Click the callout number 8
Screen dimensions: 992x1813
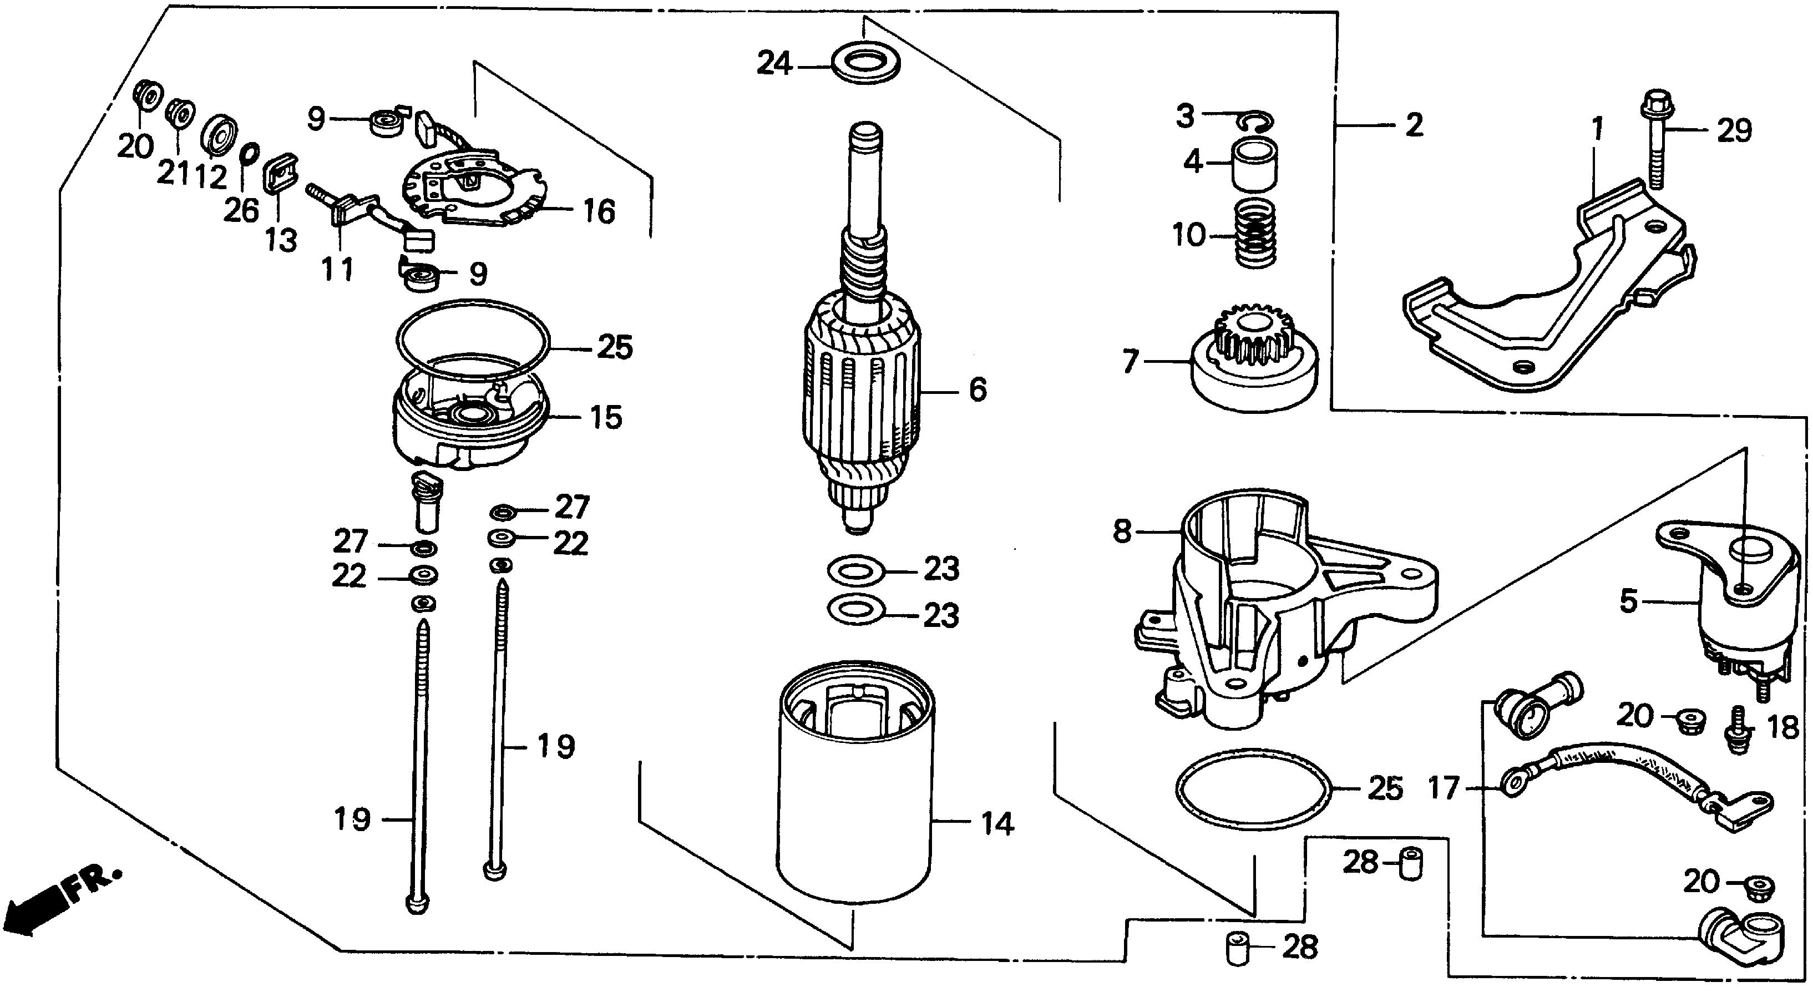point(1122,531)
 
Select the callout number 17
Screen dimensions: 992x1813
point(1443,788)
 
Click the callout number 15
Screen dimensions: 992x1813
point(605,418)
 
